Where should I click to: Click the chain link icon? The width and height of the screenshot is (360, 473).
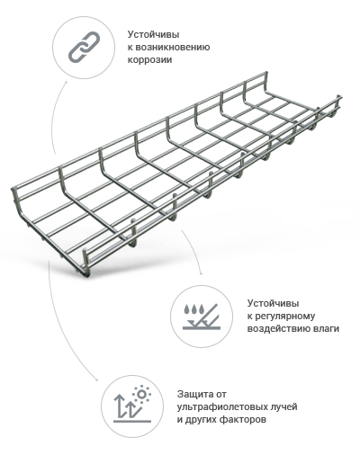84,48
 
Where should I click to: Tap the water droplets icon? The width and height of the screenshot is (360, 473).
202,317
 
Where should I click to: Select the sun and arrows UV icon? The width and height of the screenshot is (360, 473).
132,405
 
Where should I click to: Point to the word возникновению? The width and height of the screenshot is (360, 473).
173,48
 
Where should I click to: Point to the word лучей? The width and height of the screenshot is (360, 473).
284,407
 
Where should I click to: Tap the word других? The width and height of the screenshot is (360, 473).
197,420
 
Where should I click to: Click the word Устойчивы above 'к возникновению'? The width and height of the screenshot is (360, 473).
153,35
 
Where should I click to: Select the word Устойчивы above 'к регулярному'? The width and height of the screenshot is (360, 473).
273,303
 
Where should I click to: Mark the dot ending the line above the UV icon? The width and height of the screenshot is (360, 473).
96,379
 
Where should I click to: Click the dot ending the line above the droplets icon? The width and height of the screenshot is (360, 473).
201,274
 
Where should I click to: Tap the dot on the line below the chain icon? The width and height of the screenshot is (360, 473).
66,81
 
